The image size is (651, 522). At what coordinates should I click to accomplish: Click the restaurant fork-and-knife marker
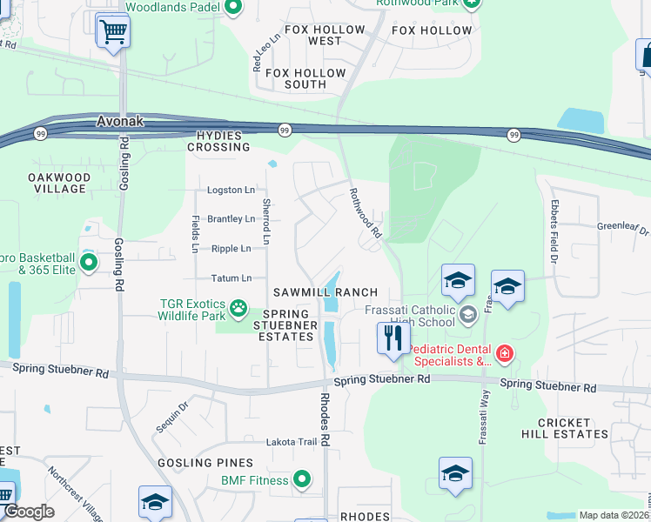click(x=392, y=336)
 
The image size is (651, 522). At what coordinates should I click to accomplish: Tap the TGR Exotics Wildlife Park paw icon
click(x=237, y=307)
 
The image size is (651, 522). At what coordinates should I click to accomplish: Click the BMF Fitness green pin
click(x=302, y=479)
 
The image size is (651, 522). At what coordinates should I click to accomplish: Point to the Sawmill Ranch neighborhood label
click(x=325, y=292)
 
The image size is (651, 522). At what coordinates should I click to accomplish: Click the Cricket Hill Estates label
click(x=573, y=428)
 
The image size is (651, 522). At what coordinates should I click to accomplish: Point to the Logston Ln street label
click(x=231, y=191)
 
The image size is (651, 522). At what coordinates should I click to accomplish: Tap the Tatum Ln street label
click(x=231, y=278)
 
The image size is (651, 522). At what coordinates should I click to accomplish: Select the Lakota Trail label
click(x=292, y=442)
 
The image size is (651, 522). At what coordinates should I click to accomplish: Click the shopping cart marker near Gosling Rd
click(x=113, y=32)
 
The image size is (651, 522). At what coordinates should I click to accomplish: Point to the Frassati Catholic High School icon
click(x=467, y=314)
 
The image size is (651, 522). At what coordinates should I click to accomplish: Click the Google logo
click(x=29, y=512)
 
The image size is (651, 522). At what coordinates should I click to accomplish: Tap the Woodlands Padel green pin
click(x=232, y=9)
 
